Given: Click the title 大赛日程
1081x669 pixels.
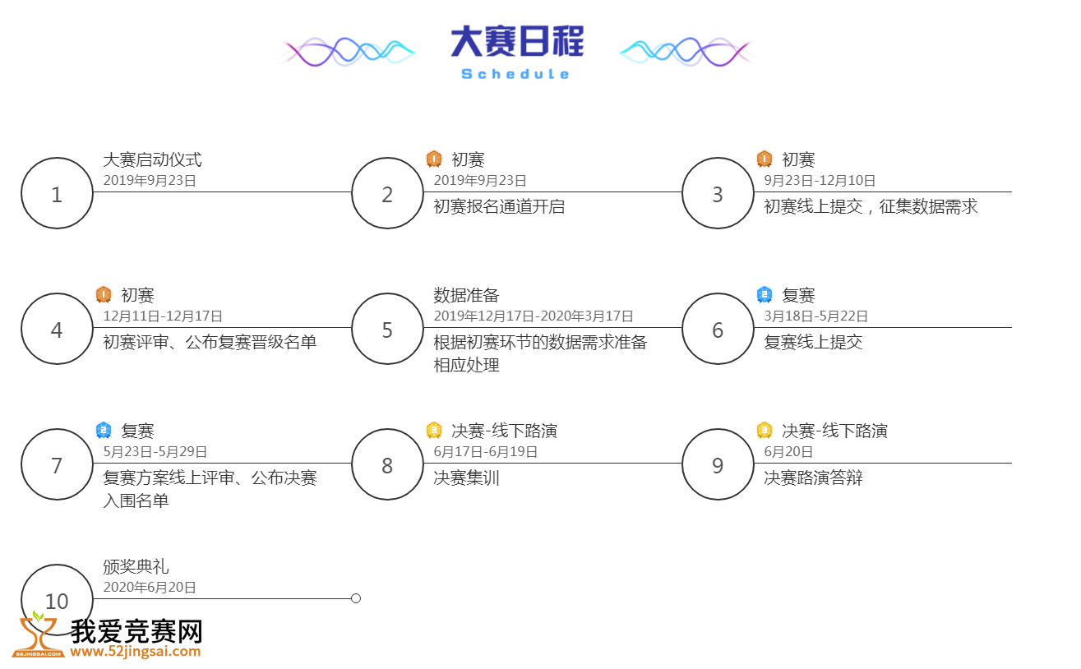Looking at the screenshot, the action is point(517,41).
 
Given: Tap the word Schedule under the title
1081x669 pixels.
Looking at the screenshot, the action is point(515,74).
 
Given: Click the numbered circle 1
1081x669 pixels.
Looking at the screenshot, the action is point(57,193).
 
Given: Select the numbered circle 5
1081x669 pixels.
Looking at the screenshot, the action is point(387,329).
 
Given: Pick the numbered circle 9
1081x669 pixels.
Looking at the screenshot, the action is point(718,464).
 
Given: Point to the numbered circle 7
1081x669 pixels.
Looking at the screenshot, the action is point(57,464).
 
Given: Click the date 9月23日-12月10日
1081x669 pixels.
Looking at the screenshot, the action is point(820,180).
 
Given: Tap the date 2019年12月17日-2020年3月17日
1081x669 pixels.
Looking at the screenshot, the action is point(534,316).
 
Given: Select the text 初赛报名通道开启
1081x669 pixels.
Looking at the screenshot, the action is point(499,206).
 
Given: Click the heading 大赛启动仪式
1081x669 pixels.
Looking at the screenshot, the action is point(153,159).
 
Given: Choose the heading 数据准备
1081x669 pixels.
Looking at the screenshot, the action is point(466,295).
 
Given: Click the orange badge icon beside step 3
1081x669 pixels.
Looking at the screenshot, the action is point(765,159).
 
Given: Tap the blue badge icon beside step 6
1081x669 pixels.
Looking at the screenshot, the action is point(765,294).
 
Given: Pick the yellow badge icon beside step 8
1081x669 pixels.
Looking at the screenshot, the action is point(434,430).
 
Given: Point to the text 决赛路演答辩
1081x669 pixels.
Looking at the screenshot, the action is point(813,478).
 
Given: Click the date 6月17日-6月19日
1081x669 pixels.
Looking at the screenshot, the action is point(486,451).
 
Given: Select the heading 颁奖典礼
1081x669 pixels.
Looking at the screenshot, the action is point(136,566).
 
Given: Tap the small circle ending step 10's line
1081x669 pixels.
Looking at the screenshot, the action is point(356,598).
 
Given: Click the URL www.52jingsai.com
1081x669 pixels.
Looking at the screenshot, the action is point(135,651).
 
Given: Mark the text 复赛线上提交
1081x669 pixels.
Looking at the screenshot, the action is point(813,342).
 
